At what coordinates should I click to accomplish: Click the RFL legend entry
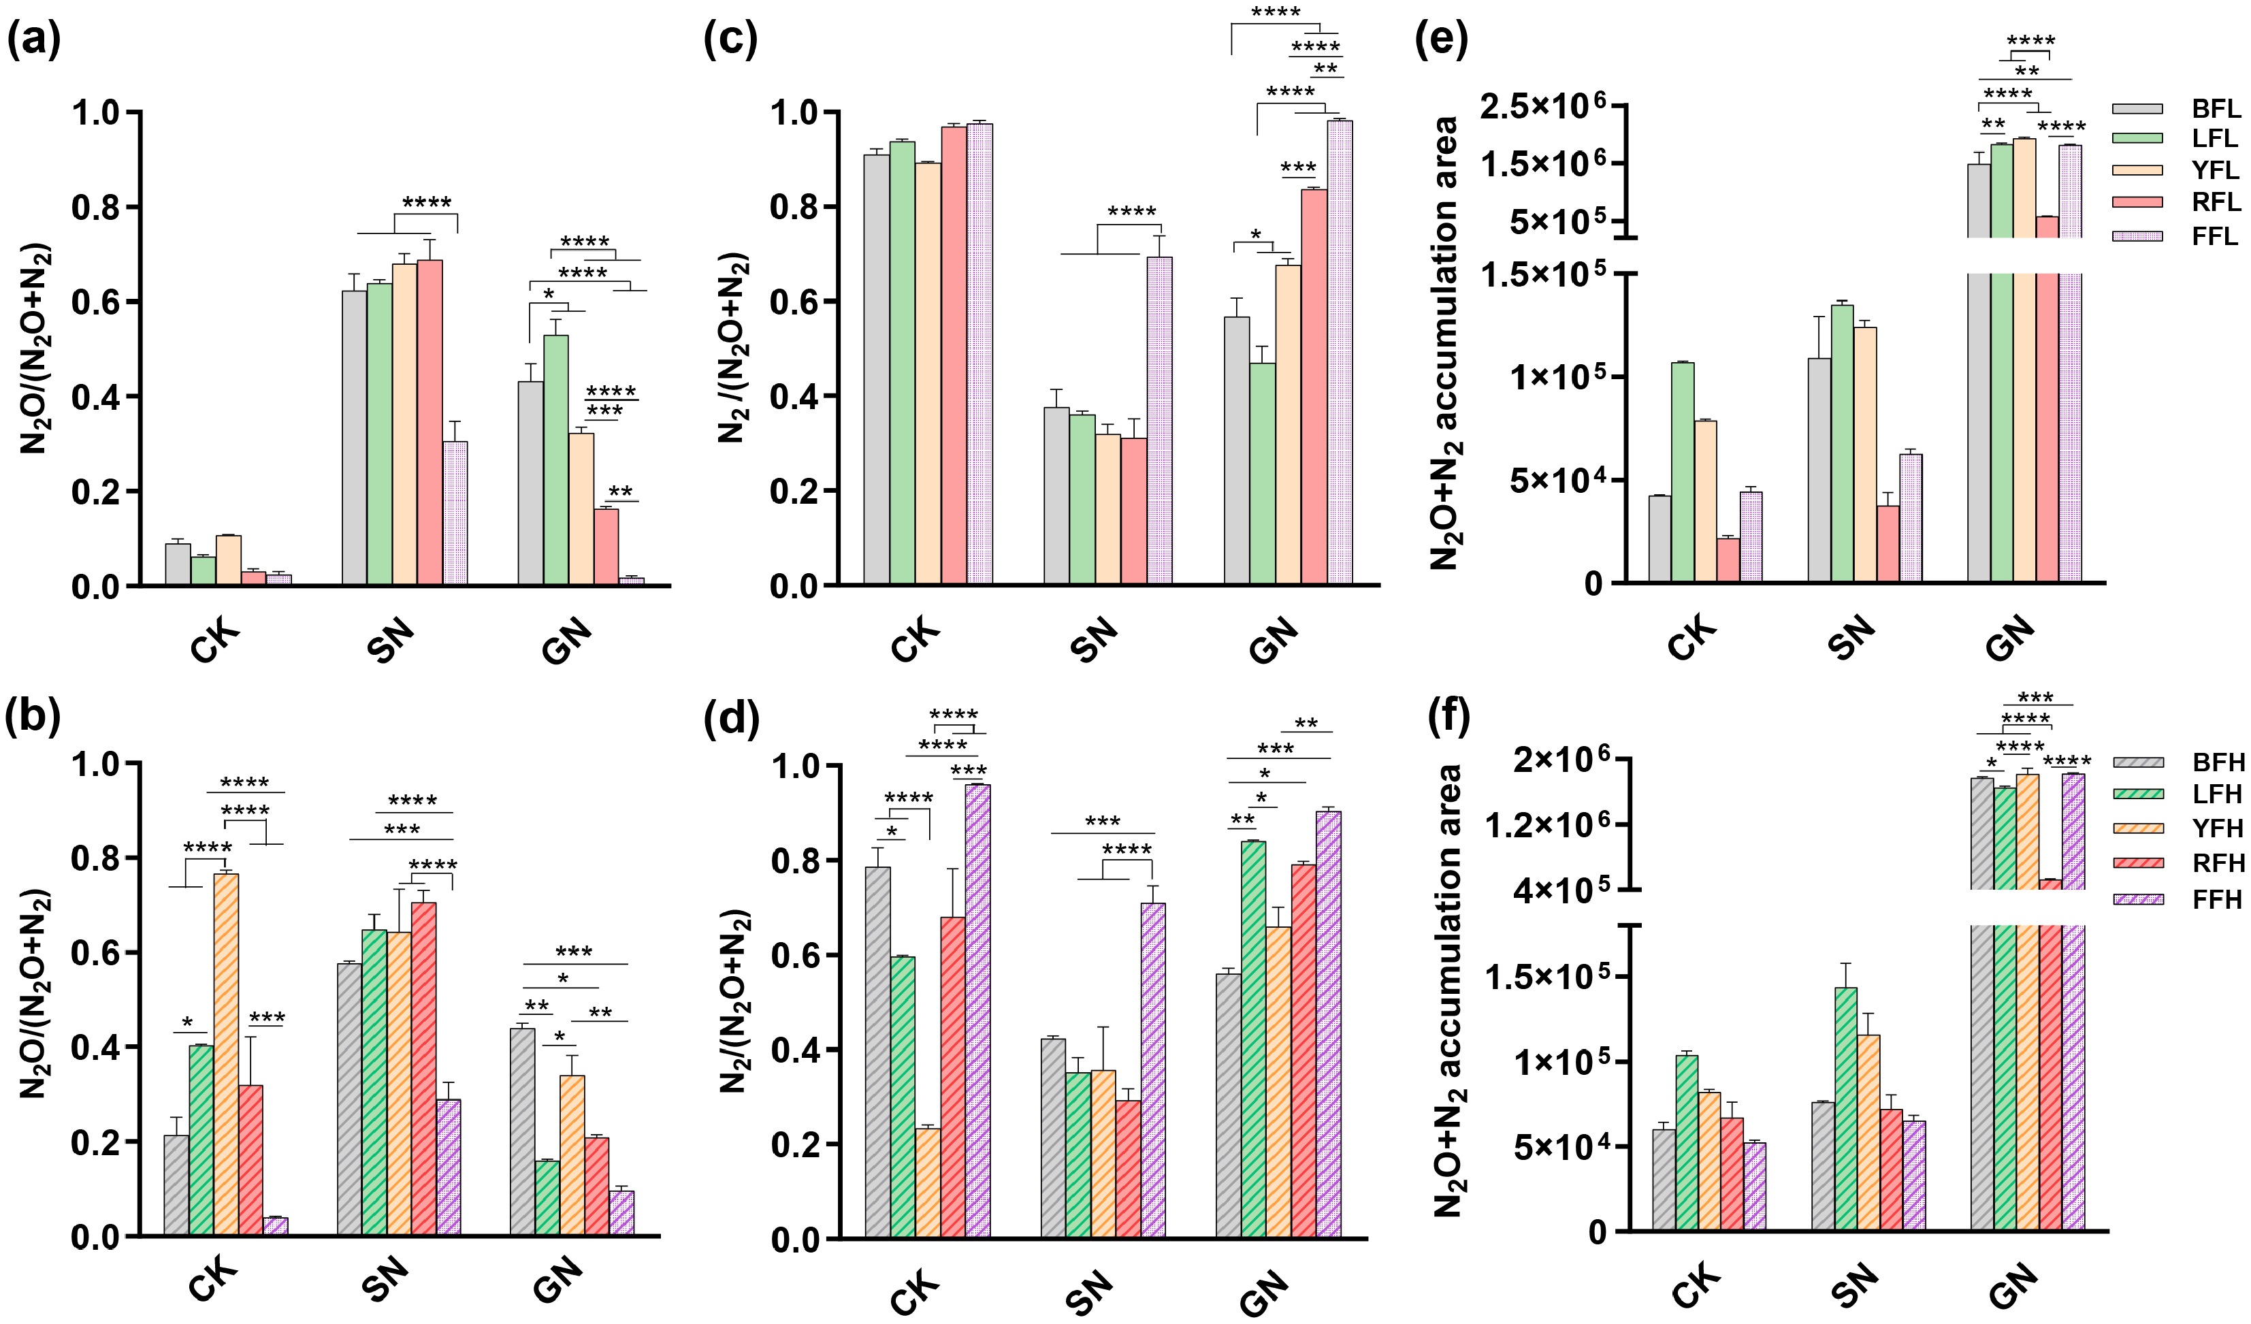[x=2216, y=202]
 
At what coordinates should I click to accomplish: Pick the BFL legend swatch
[x=2137, y=109]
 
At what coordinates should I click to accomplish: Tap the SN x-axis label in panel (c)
[x=1095, y=641]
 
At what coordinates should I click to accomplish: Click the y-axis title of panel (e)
[x=1444, y=344]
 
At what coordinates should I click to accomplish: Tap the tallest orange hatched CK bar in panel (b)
[x=226, y=1054]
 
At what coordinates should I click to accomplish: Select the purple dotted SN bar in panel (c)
[x=1159, y=420]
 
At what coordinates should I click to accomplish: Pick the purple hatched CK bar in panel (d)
[x=977, y=1010]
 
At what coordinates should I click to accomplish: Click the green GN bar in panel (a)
[x=555, y=459]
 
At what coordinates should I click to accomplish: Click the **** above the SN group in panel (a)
[x=426, y=202]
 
